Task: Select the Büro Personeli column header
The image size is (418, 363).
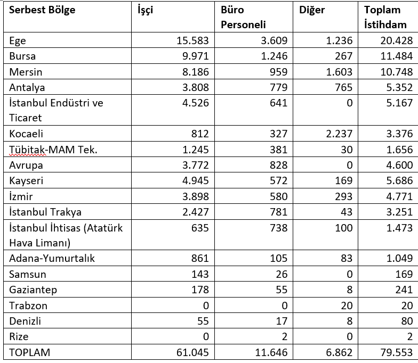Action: (x=243, y=17)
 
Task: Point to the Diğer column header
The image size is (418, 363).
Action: (x=312, y=10)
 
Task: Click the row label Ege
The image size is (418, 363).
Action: (x=18, y=40)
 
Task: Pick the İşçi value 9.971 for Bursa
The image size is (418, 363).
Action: (x=192, y=56)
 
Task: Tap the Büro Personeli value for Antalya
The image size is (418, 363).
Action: (x=277, y=87)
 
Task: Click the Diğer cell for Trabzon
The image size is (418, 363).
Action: (x=346, y=306)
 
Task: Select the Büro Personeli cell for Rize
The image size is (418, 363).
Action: (x=283, y=337)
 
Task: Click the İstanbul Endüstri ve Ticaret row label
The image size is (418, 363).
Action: (x=56, y=110)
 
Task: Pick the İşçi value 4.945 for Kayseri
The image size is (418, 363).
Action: (x=192, y=180)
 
